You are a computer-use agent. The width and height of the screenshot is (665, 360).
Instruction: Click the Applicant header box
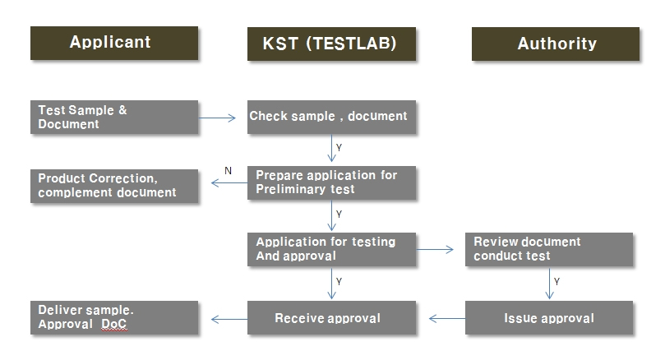114,43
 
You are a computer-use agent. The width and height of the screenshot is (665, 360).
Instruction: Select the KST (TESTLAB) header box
331,44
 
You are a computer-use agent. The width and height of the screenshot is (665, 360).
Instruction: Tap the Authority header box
556,44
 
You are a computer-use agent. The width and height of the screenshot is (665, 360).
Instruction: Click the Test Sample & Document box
114,117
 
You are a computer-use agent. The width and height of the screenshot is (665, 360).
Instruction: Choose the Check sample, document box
331,117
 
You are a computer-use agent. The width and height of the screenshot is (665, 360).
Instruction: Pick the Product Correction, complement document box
114,186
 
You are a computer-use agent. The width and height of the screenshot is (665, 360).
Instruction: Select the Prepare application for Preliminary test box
331,182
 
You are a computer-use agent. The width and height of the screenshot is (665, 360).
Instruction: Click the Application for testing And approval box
331,249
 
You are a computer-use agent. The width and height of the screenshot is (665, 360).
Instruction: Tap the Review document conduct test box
549,249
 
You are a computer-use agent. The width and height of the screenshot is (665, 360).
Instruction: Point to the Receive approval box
331,317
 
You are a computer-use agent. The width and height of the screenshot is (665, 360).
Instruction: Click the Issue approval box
549,317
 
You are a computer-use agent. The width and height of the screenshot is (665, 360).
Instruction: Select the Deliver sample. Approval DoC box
114,317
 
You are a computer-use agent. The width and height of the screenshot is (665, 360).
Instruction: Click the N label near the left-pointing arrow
229,170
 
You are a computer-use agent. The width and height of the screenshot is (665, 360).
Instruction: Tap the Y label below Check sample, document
339,148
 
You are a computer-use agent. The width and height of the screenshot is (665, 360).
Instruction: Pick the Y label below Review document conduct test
556,281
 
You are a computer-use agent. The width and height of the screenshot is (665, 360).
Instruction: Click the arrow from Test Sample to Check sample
217,118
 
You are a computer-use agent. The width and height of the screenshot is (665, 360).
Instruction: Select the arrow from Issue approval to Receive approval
447,318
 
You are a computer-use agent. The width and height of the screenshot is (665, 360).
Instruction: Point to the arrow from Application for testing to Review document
435,249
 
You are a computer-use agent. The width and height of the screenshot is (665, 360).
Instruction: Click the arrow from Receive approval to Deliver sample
229,319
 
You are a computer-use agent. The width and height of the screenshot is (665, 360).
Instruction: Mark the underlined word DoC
114,324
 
